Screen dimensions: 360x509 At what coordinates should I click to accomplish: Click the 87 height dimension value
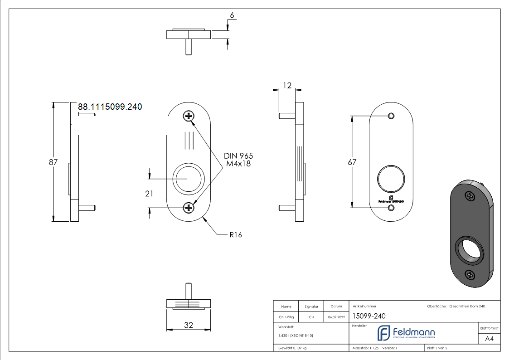53,162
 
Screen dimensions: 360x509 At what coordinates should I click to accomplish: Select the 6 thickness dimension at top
232,15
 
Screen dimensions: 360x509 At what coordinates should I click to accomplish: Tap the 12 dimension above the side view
287,85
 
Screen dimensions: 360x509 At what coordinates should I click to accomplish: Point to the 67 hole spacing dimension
352,162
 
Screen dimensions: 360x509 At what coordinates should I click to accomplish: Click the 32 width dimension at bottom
189,325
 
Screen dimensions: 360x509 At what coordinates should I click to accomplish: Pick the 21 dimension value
149,194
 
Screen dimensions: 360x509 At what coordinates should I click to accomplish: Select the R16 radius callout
235,235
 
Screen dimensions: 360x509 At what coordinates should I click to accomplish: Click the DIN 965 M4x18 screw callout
238,160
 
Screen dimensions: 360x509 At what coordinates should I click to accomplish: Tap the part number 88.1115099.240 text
110,107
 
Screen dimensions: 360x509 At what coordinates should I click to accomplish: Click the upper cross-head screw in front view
189,117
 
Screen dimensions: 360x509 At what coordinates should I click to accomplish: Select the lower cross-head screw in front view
189,208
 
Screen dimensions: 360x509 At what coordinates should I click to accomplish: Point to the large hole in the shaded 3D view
469,250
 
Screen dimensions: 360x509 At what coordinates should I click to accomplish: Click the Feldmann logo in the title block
406,333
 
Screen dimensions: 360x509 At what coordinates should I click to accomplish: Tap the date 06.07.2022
336,317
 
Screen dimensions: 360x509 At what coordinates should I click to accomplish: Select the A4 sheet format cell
489,338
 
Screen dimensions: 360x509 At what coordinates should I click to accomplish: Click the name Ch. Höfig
286,317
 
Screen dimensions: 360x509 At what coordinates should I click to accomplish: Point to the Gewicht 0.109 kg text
292,348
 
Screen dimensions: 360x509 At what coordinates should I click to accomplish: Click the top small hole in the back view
391,116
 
